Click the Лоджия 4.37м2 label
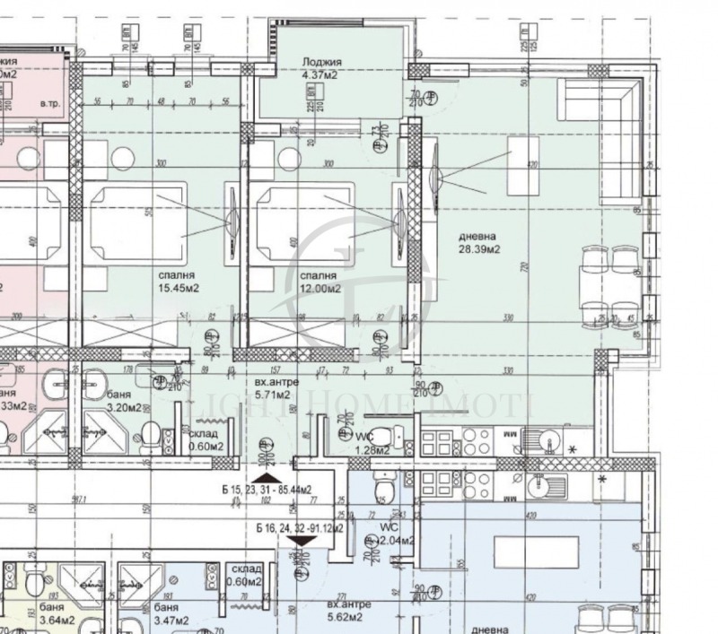click(323, 68)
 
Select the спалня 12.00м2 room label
click(320, 282)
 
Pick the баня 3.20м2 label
click(123, 401)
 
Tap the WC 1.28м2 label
click(370, 444)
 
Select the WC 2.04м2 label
click(394, 534)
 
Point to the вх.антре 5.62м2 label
click(345, 611)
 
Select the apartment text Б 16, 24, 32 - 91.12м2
click(300, 528)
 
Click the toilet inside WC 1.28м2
click(381, 437)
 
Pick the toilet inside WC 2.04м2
click(383, 490)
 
